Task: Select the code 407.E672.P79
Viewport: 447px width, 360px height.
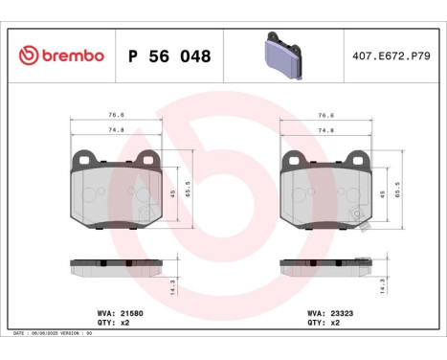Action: (391, 56)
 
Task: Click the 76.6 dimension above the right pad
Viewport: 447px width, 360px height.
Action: (327, 115)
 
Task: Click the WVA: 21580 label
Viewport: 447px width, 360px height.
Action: (119, 312)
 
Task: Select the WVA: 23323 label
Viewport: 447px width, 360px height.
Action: (327, 312)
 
